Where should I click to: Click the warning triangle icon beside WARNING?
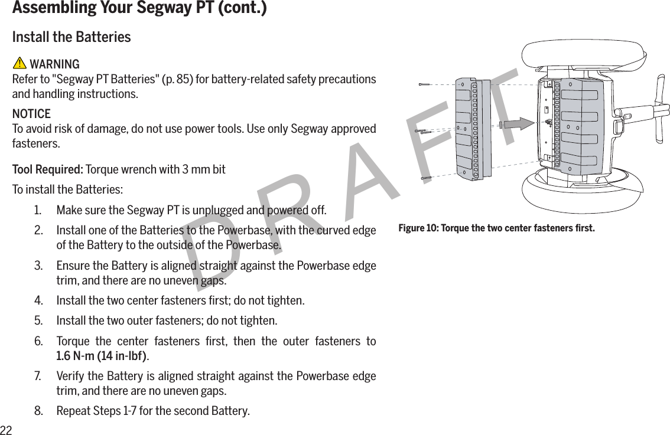tap(19, 64)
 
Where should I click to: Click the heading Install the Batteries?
tap(71, 37)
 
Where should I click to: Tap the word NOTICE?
tap(31, 113)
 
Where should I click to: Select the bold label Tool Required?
tap(48, 170)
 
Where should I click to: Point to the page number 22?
tap(6, 429)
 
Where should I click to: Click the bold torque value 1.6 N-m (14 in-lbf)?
tap(102, 356)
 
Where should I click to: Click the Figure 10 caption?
tap(496, 228)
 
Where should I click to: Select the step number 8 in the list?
tap(38, 410)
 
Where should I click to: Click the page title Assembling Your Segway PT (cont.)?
tap(139, 9)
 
